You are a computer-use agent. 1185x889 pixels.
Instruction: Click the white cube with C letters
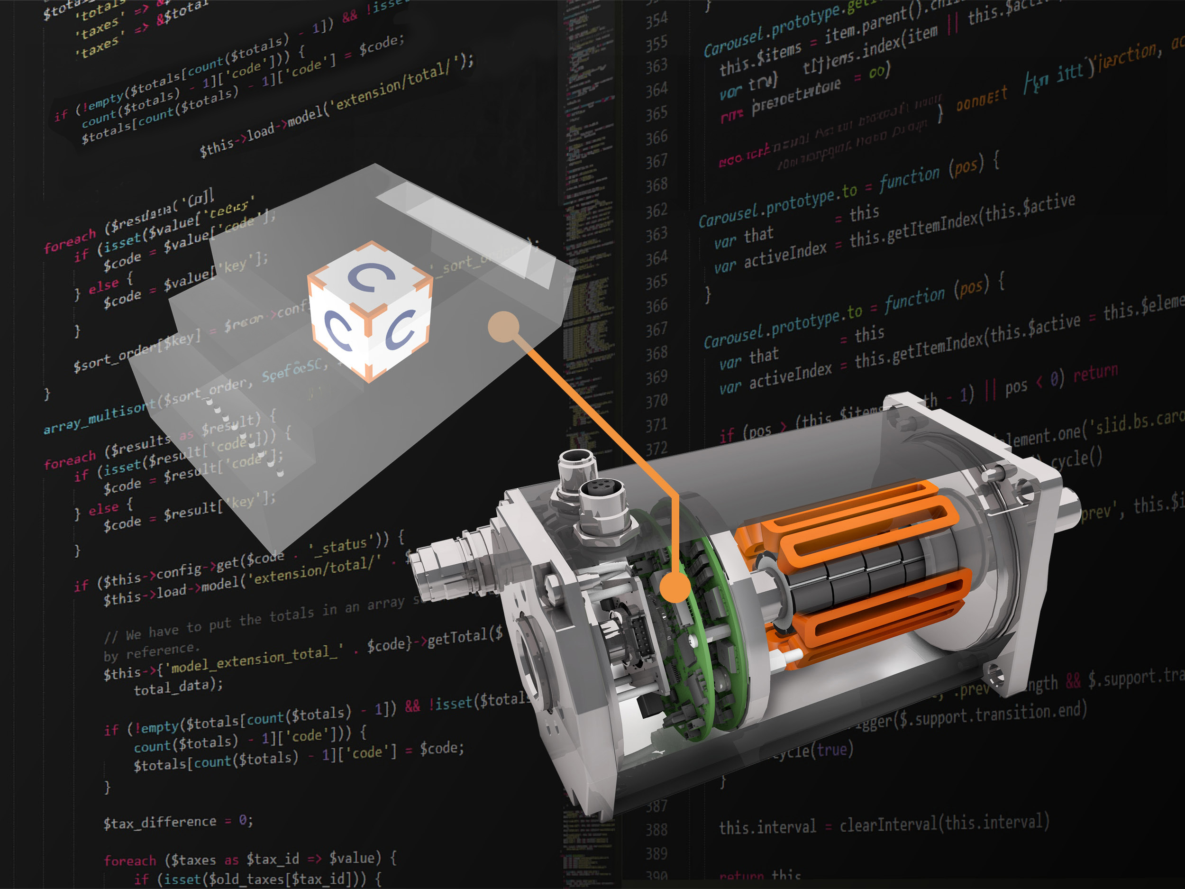[370, 311]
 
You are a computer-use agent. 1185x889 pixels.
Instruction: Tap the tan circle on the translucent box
[503, 326]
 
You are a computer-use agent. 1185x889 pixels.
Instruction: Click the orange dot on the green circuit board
[675, 587]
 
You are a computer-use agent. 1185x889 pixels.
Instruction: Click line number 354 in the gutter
[656, 20]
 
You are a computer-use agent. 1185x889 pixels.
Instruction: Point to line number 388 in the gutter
[656, 830]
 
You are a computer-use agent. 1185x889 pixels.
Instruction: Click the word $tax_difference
[160, 822]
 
